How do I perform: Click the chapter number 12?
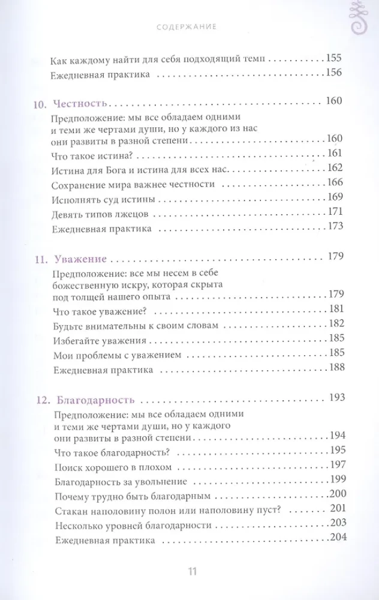tap(38, 399)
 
